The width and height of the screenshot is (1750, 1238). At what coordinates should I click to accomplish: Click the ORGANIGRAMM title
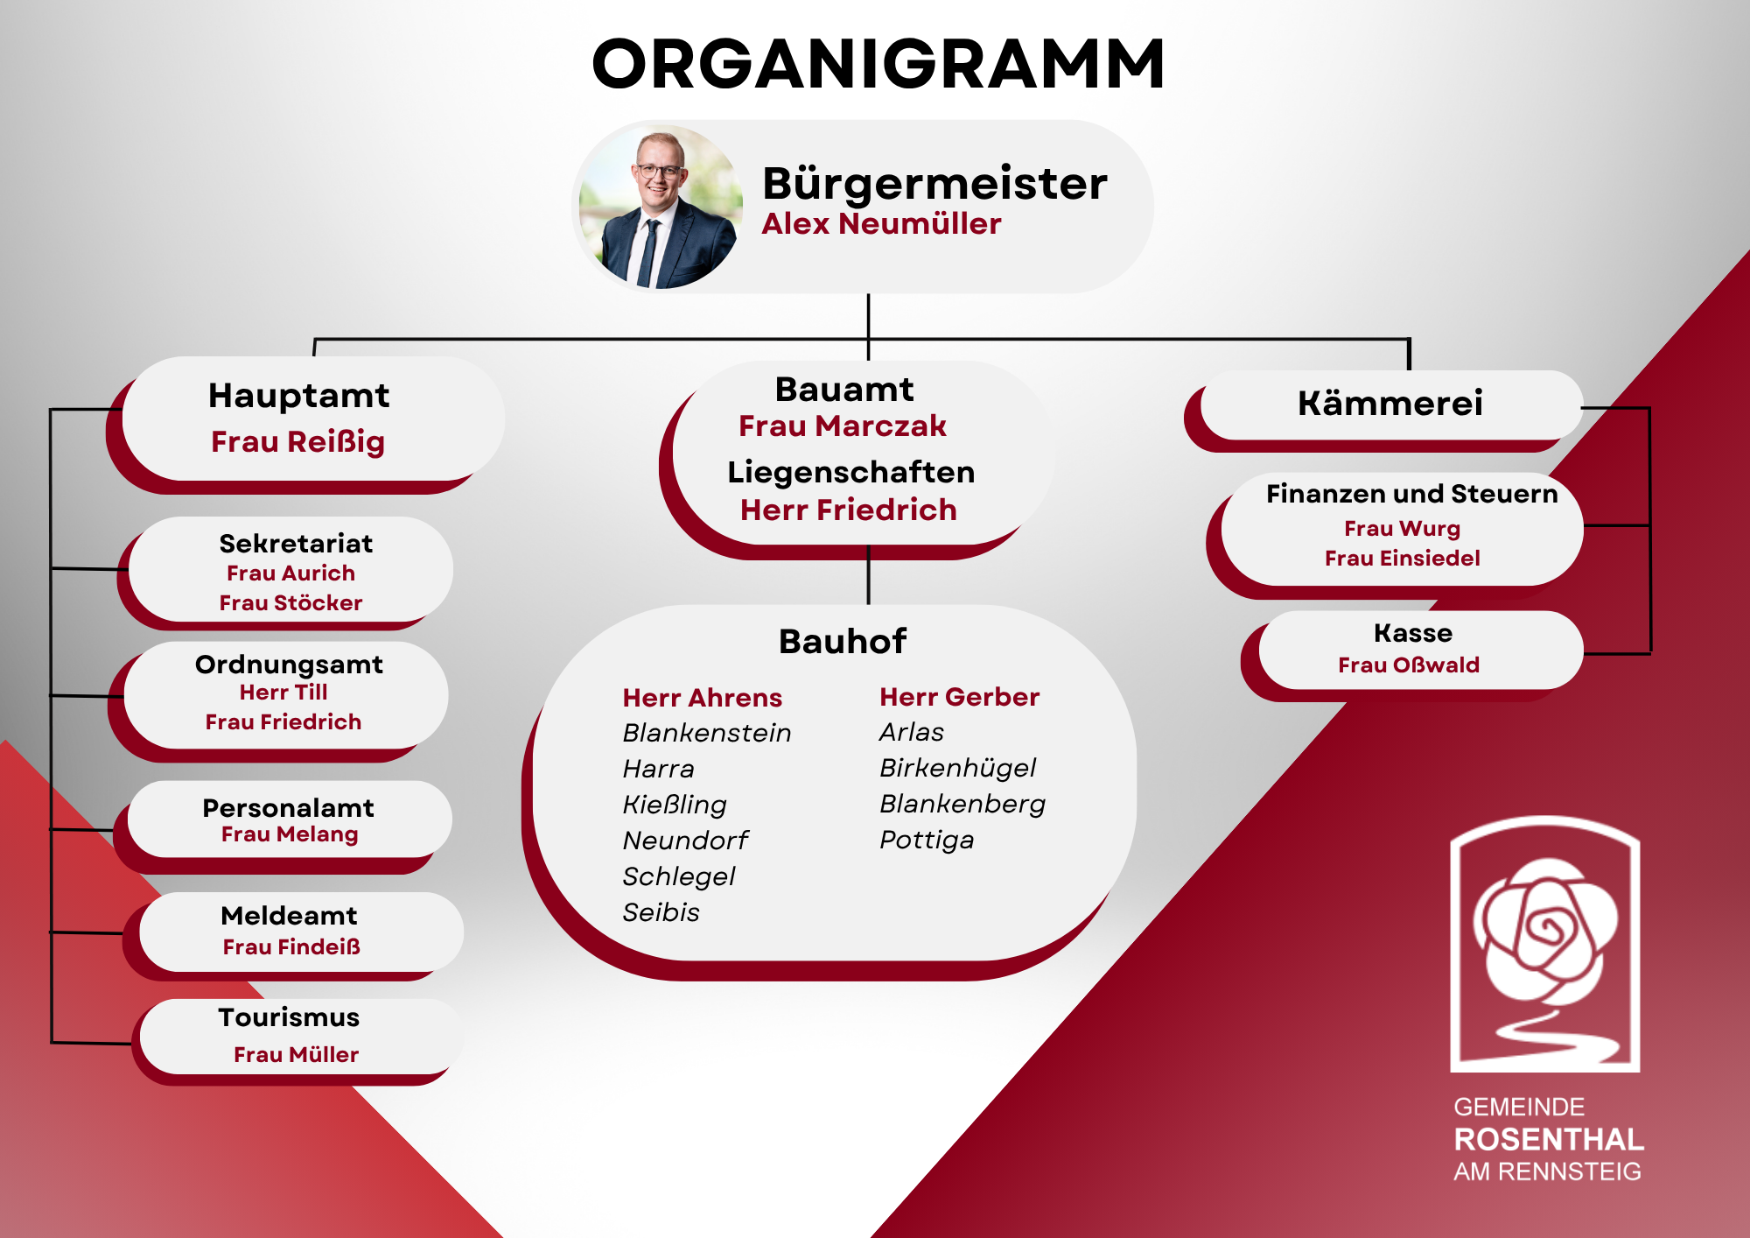[x=878, y=64]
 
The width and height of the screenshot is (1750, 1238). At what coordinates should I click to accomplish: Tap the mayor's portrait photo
[x=658, y=207]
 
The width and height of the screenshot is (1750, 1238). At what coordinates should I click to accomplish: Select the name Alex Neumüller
[x=881, y=224]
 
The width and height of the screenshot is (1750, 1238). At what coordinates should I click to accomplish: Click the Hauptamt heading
[x=298, y=396]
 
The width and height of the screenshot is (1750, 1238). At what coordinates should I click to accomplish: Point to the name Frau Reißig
[x=297, y=442]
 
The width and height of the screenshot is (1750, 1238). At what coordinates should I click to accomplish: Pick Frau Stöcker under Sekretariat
[x=290, y=603]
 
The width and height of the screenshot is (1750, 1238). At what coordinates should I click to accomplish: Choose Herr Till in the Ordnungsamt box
[x=283, y=693]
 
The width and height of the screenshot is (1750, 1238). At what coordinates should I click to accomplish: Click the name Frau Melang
[x=290, y=835]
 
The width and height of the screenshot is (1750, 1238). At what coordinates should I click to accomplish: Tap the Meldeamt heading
[x=289, y=916]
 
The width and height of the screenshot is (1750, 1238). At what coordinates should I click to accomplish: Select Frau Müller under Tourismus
[x=296, y=1055]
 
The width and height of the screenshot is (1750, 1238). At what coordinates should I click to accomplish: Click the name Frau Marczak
[x=843, y=426]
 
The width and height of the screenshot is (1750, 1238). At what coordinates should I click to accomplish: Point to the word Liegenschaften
[x=851, y=473]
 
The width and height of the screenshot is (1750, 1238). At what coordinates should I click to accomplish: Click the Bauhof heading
[x=843, y=642]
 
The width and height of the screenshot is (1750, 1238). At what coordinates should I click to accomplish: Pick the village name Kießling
[x=675, y=805]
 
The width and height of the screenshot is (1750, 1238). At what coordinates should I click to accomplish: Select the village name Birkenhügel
[x=957, y=769]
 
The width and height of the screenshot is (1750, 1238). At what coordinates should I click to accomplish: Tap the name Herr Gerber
[x=959, y=697]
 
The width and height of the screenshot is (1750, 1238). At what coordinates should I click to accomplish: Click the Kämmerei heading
[x=1390, y=404]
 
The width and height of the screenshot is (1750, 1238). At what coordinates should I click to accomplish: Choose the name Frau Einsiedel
[x=1402, y=559]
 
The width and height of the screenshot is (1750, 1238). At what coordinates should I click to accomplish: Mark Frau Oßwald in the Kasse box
[x=1409, y=665]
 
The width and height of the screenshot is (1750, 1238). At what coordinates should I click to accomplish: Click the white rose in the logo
[x=1545, y=931]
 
